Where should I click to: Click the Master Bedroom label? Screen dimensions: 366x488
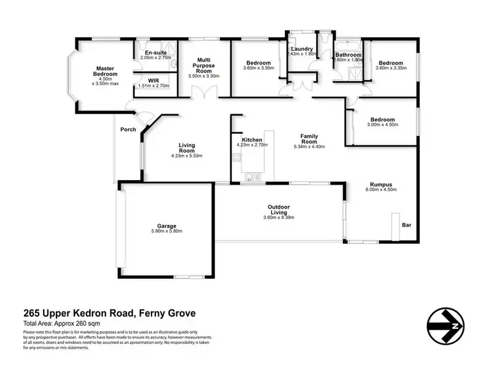click(105, 72)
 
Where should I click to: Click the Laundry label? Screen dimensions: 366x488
click(302, 49)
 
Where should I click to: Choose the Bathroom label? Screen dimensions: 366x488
click(348, 55)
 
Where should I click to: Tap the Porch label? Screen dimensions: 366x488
click(128, 129)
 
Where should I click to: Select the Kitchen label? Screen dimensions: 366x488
click(252, 140)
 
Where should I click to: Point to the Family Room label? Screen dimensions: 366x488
click(308, 138)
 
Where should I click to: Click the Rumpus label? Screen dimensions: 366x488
click(381, 184)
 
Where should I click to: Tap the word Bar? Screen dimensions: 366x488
click(407, 225)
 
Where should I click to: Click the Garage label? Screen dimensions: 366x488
click(167, 225)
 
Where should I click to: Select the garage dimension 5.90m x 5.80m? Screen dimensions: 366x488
click(167, 231)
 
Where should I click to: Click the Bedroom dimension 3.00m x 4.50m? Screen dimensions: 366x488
click(383, 125)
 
